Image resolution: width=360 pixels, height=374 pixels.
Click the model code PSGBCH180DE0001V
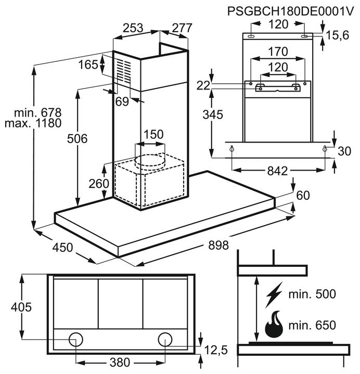pyautogui.click(x=290, y=11)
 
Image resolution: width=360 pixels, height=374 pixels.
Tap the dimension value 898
pyautogui.click(x=218, y=245)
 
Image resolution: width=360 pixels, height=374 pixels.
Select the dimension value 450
pyautogui.click(x=62, y=248)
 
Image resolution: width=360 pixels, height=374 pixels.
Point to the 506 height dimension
pyautogui.click(x=77, y=138)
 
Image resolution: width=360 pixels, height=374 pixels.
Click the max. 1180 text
pyautogui.click(x=33, y=123)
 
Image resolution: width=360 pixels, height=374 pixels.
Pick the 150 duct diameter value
pyautogui.click(x=153, y=134)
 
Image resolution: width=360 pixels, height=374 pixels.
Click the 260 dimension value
pyautogui.click(x=99, y=184)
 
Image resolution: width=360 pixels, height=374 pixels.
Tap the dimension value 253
pyautogui.click(x=133, y=28)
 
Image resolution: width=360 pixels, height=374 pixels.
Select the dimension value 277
pyautogui.click(x=182, y=28)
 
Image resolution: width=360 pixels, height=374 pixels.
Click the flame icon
pyautogui.click(x=274, y=325)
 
